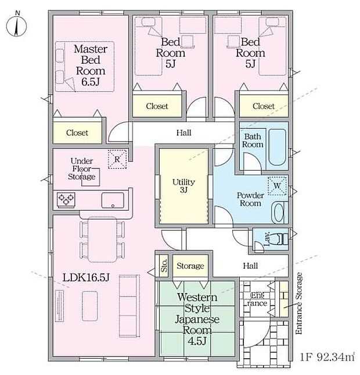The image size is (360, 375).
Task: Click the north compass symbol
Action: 16,26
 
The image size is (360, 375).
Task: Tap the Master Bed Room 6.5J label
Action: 91,65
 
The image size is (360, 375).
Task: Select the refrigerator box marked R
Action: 117,159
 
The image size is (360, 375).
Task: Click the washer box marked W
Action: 277,186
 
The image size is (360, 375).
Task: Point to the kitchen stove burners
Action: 66,200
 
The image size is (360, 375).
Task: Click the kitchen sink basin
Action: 113,200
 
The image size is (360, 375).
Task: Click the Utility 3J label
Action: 183,186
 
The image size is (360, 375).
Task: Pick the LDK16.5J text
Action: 86,277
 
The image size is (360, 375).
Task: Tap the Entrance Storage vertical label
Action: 299,303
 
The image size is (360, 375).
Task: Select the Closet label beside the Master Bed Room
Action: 77,133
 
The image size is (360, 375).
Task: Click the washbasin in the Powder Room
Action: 279,212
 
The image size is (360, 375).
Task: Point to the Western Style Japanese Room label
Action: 197,319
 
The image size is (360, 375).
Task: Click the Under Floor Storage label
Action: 82,169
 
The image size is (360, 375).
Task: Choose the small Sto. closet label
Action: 164,265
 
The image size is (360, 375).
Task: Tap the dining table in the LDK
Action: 102,240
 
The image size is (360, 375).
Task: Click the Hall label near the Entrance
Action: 250,266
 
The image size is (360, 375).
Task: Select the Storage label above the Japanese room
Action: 190,266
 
